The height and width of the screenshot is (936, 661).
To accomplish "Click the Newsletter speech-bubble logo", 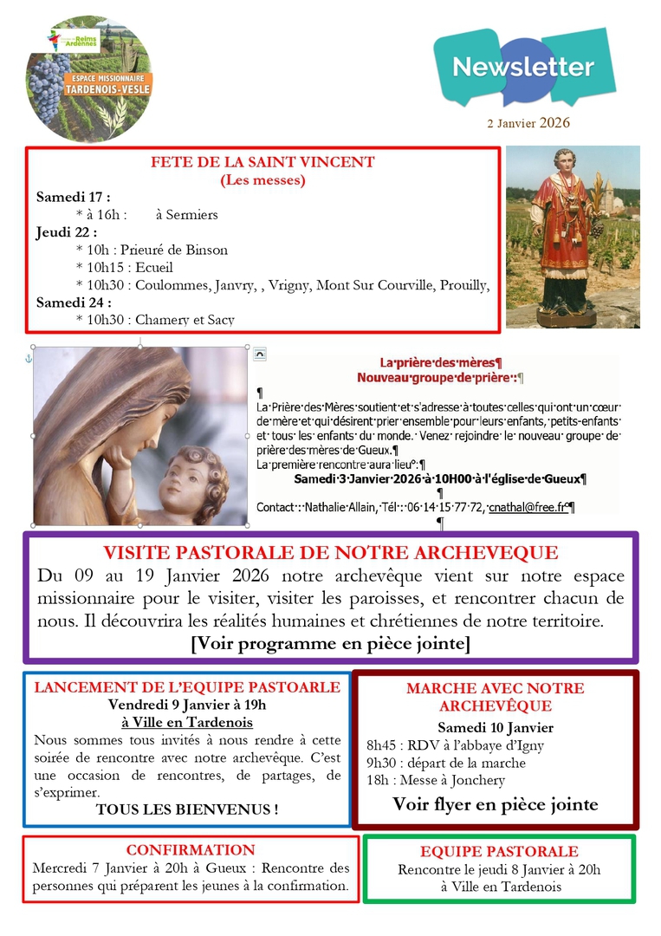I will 524,67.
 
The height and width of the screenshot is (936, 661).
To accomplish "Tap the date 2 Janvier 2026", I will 528,123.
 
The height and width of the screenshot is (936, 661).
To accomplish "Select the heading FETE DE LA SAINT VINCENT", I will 262,162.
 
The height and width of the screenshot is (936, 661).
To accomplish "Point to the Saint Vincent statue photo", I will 573,236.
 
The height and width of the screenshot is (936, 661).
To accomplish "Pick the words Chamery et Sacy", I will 185,320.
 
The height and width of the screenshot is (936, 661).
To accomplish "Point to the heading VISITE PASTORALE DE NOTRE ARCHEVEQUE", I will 331,553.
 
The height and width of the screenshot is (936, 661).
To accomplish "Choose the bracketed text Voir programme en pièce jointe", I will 331,643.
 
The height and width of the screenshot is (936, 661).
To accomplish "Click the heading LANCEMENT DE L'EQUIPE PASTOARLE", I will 187,687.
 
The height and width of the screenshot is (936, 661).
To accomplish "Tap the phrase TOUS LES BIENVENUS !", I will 187,809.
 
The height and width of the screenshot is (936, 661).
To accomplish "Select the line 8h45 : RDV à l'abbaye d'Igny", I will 456,745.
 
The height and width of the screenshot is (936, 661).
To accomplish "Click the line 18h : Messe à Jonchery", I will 436,780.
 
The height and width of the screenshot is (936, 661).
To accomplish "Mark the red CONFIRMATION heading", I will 191,850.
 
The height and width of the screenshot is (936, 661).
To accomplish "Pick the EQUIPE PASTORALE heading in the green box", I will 499,852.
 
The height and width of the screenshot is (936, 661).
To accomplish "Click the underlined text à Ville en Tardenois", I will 187,722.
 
